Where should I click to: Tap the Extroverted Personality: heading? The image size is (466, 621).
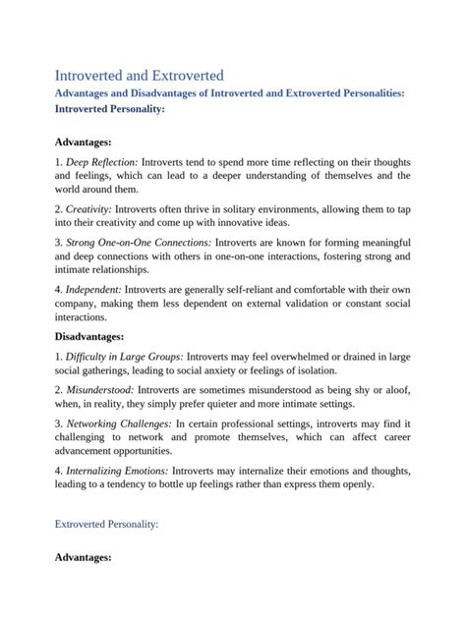105,525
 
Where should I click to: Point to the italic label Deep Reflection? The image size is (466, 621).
102,160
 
